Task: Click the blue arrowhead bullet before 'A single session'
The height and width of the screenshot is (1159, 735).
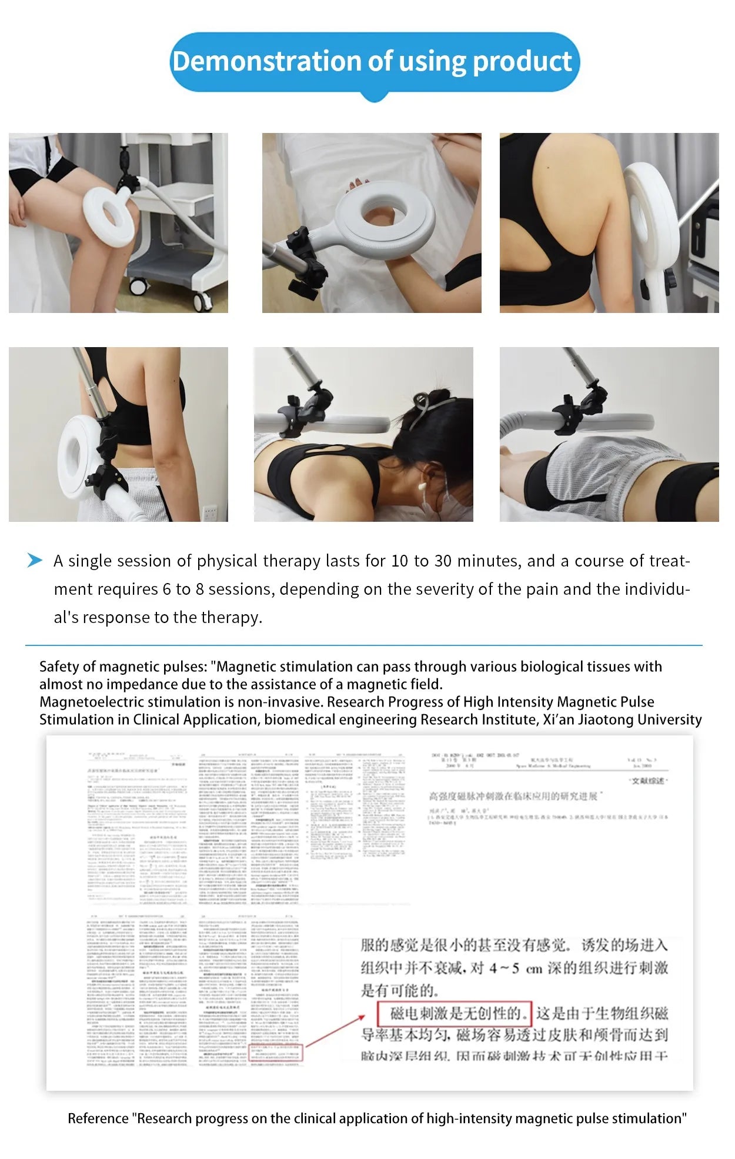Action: click(35, 560)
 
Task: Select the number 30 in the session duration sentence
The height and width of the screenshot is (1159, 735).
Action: click(443, 561)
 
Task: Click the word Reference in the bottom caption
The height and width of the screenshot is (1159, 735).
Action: click(98, 1118)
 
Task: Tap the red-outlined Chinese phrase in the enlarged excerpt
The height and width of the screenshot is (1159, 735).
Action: click(455, 1013)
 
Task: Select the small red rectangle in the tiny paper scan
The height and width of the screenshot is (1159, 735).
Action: click(276, 1053)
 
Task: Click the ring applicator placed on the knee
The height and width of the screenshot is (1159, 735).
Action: click(111, 215)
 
